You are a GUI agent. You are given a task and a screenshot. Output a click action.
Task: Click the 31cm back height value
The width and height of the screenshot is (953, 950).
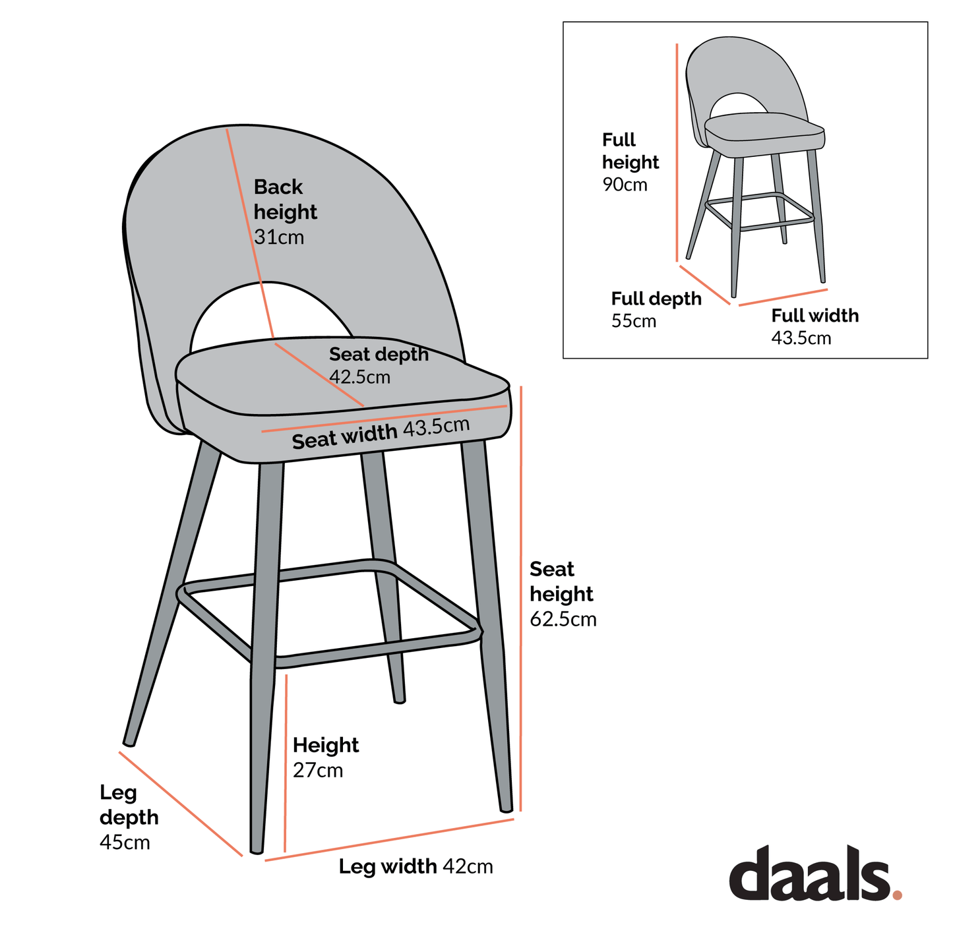279,237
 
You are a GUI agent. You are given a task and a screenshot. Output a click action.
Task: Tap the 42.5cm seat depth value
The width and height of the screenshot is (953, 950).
359,378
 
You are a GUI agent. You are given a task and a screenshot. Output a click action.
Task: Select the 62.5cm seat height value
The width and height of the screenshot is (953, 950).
563,620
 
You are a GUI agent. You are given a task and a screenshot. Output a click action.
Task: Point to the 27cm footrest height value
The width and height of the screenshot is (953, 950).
318,771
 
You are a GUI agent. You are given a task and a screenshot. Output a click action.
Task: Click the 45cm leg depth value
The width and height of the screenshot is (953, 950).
125,843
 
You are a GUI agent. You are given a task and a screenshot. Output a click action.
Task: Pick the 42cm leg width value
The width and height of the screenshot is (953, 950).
468,866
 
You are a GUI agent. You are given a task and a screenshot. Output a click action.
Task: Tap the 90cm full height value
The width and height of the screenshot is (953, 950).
625,185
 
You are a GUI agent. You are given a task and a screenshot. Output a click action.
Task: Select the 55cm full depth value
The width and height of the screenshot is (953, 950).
633,322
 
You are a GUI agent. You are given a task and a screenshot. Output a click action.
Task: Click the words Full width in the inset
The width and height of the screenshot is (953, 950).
815,316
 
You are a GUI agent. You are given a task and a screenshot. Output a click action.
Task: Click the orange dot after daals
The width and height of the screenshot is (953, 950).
896,895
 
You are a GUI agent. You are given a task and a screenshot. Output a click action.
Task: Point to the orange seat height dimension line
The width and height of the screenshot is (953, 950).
521,593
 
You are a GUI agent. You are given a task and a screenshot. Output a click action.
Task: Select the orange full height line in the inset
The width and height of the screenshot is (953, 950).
677,152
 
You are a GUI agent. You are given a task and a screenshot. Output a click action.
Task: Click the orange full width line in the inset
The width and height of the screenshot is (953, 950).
783,297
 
